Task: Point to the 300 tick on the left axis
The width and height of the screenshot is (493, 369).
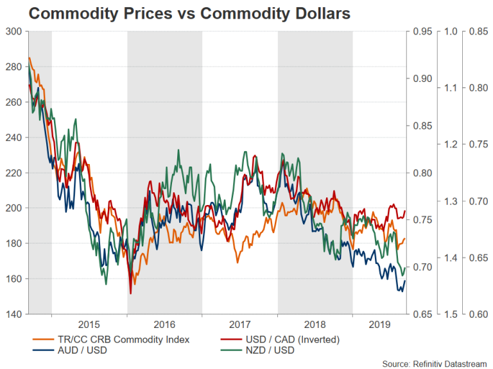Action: point(14,31)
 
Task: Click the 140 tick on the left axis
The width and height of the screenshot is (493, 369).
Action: point(14,314)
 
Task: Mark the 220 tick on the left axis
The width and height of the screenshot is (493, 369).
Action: point(14,173)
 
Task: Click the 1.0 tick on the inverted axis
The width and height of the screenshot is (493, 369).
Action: point(452,31)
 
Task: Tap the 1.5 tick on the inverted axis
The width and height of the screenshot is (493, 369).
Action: point(452,314)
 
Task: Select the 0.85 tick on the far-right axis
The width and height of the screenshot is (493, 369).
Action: point(479,31)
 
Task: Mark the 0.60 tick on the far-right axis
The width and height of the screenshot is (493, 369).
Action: point(479,314)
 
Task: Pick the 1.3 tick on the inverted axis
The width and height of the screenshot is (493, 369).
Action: point(452,201)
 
